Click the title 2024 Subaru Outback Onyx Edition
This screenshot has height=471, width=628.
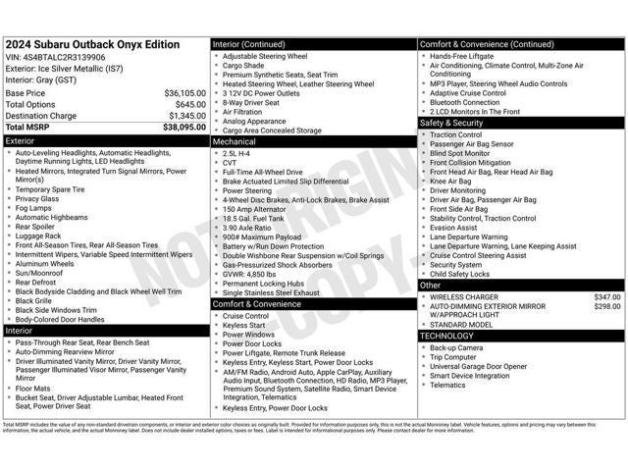point(92,44)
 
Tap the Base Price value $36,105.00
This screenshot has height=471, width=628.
point(184,93)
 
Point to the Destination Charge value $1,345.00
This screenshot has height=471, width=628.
point(186,116)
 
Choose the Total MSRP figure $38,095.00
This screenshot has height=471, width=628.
point(184,128)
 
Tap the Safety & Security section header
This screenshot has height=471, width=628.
point(451,123)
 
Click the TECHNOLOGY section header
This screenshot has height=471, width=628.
point(447,336)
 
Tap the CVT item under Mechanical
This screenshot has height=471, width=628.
point(231,162)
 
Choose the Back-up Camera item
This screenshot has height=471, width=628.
point(455,347)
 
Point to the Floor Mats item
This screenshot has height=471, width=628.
point(33,388)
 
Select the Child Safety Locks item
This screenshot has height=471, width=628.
point(462,274)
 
